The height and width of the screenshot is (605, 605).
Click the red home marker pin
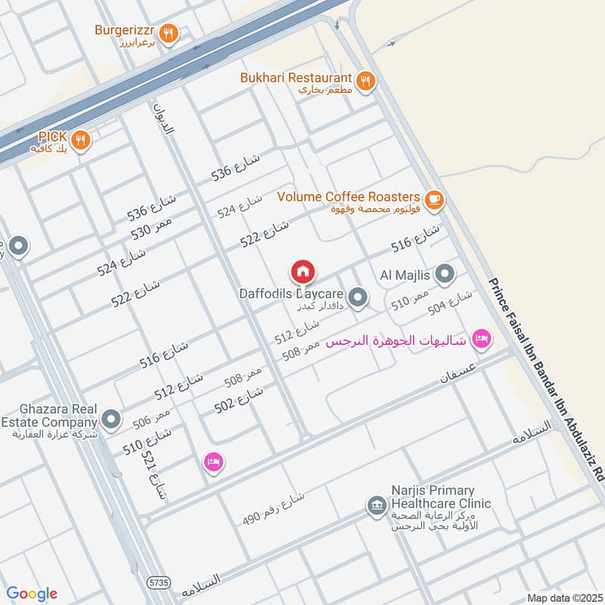(x=302, y=271)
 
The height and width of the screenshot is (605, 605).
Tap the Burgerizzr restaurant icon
(x=169, y=33)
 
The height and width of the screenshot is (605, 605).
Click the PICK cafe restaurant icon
(x=81, y=139)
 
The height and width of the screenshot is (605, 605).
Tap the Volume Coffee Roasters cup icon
(x=433, y=199)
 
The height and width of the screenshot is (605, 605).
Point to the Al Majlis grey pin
(x=445, y=275)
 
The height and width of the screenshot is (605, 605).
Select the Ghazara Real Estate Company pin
(x=111, y=418)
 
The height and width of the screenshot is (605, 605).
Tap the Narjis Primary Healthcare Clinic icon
(x=374, y=504)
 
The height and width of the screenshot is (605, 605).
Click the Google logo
(x=32, y=594)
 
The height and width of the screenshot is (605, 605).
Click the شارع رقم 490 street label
(x=273, y=508)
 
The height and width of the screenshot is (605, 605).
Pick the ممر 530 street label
(x=151, y=225)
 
